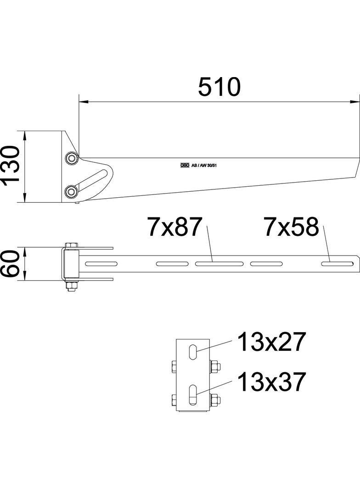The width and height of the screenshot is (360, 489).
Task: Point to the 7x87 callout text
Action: pyautogui.click(x=174, y=227)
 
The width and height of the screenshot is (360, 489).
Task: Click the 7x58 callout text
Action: pyautogui.click(x=291, y=227)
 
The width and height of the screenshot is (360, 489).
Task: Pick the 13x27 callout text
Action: pyautogui.click(x=271, y=343)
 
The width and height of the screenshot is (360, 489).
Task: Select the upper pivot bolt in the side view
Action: pyautogui.click(x=71, y=158)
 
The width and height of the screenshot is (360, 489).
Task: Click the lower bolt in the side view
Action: pyautogui.click(x=71, y=190)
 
